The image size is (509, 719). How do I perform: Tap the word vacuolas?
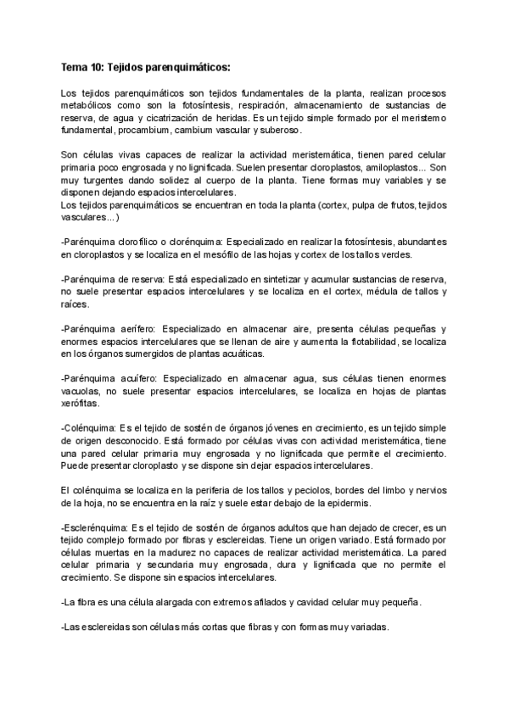pos(82,391)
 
